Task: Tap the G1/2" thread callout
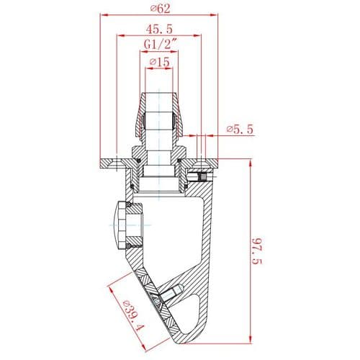click(x=158, y=45)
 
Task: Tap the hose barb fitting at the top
click(x=158, y=119)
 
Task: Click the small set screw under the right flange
click(x=203, y=176)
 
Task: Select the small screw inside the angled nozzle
click(x=170, y=293)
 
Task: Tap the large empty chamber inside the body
click(x=173, y=230)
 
